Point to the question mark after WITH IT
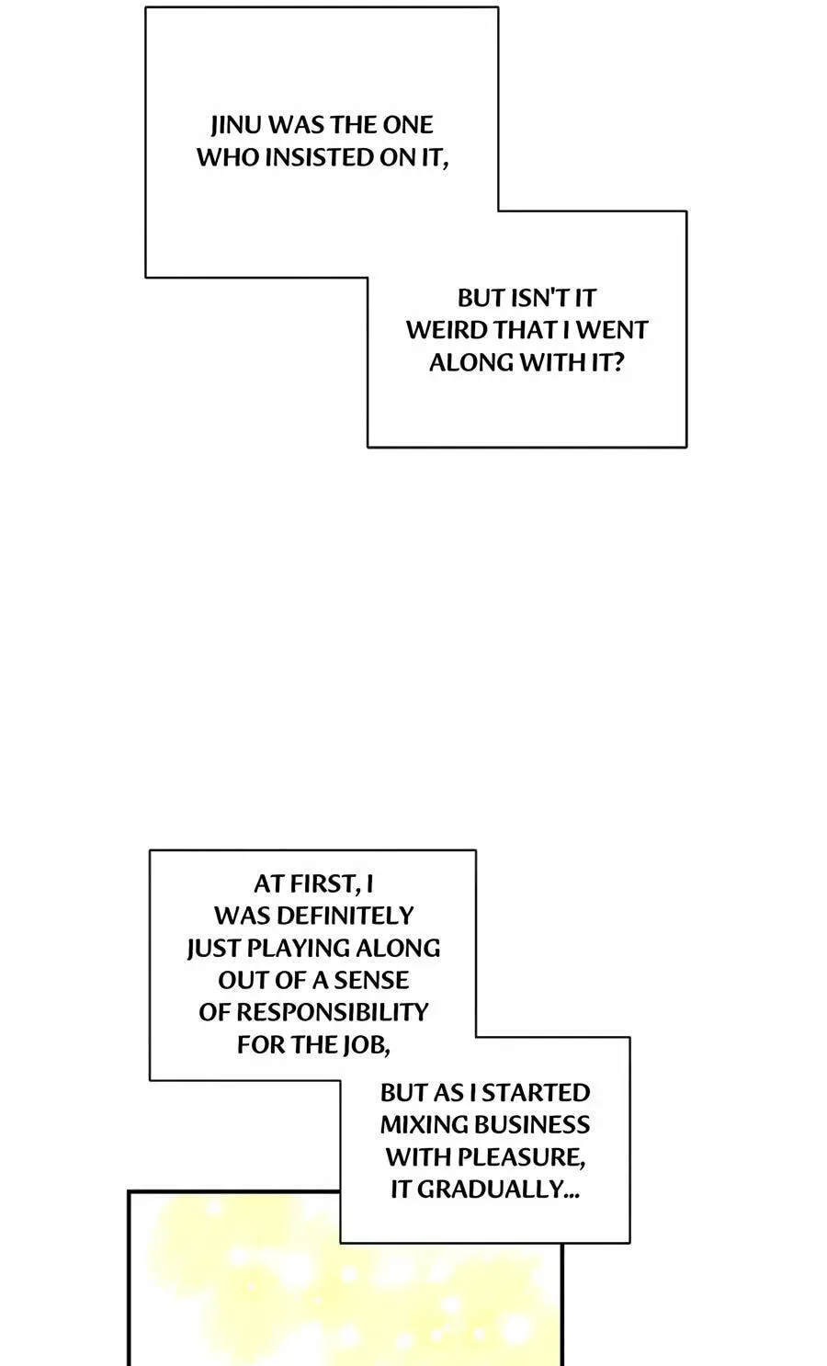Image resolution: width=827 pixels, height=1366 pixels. pyautogui.click(x=617, y=362)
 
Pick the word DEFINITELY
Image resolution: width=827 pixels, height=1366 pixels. pyautogui.click(x=346, y=916)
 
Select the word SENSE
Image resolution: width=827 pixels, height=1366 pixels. pyautogui.click(x=371, y=980)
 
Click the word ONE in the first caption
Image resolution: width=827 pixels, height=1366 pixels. pyautogui.click(x=408, y=125)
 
